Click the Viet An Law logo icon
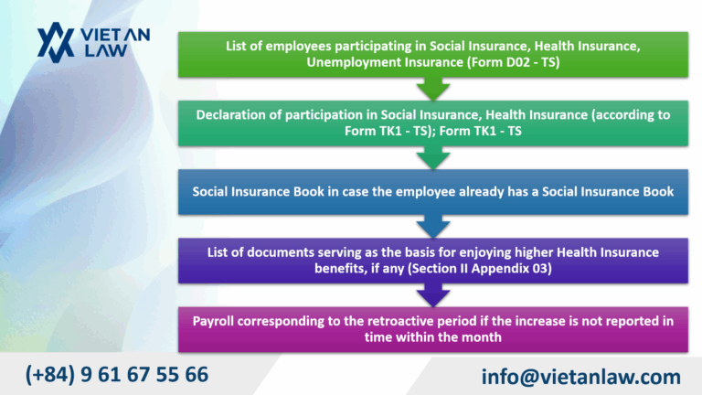tap(55, 42)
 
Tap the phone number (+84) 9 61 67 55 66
tap(117, 374)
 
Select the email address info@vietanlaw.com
tap(580, 376)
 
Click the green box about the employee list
tap(432, 53)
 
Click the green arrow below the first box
tap(432, 90)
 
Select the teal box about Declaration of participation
tap(432, 123)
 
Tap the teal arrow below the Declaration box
tap(432, 159)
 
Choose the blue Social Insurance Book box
tap(432, 192)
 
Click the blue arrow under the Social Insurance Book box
tap(432, 227)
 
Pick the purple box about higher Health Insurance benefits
tap(432, 260)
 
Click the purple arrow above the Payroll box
tap(432, 294)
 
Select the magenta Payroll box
tap(432, 329)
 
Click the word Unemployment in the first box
tap(353, 61)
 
